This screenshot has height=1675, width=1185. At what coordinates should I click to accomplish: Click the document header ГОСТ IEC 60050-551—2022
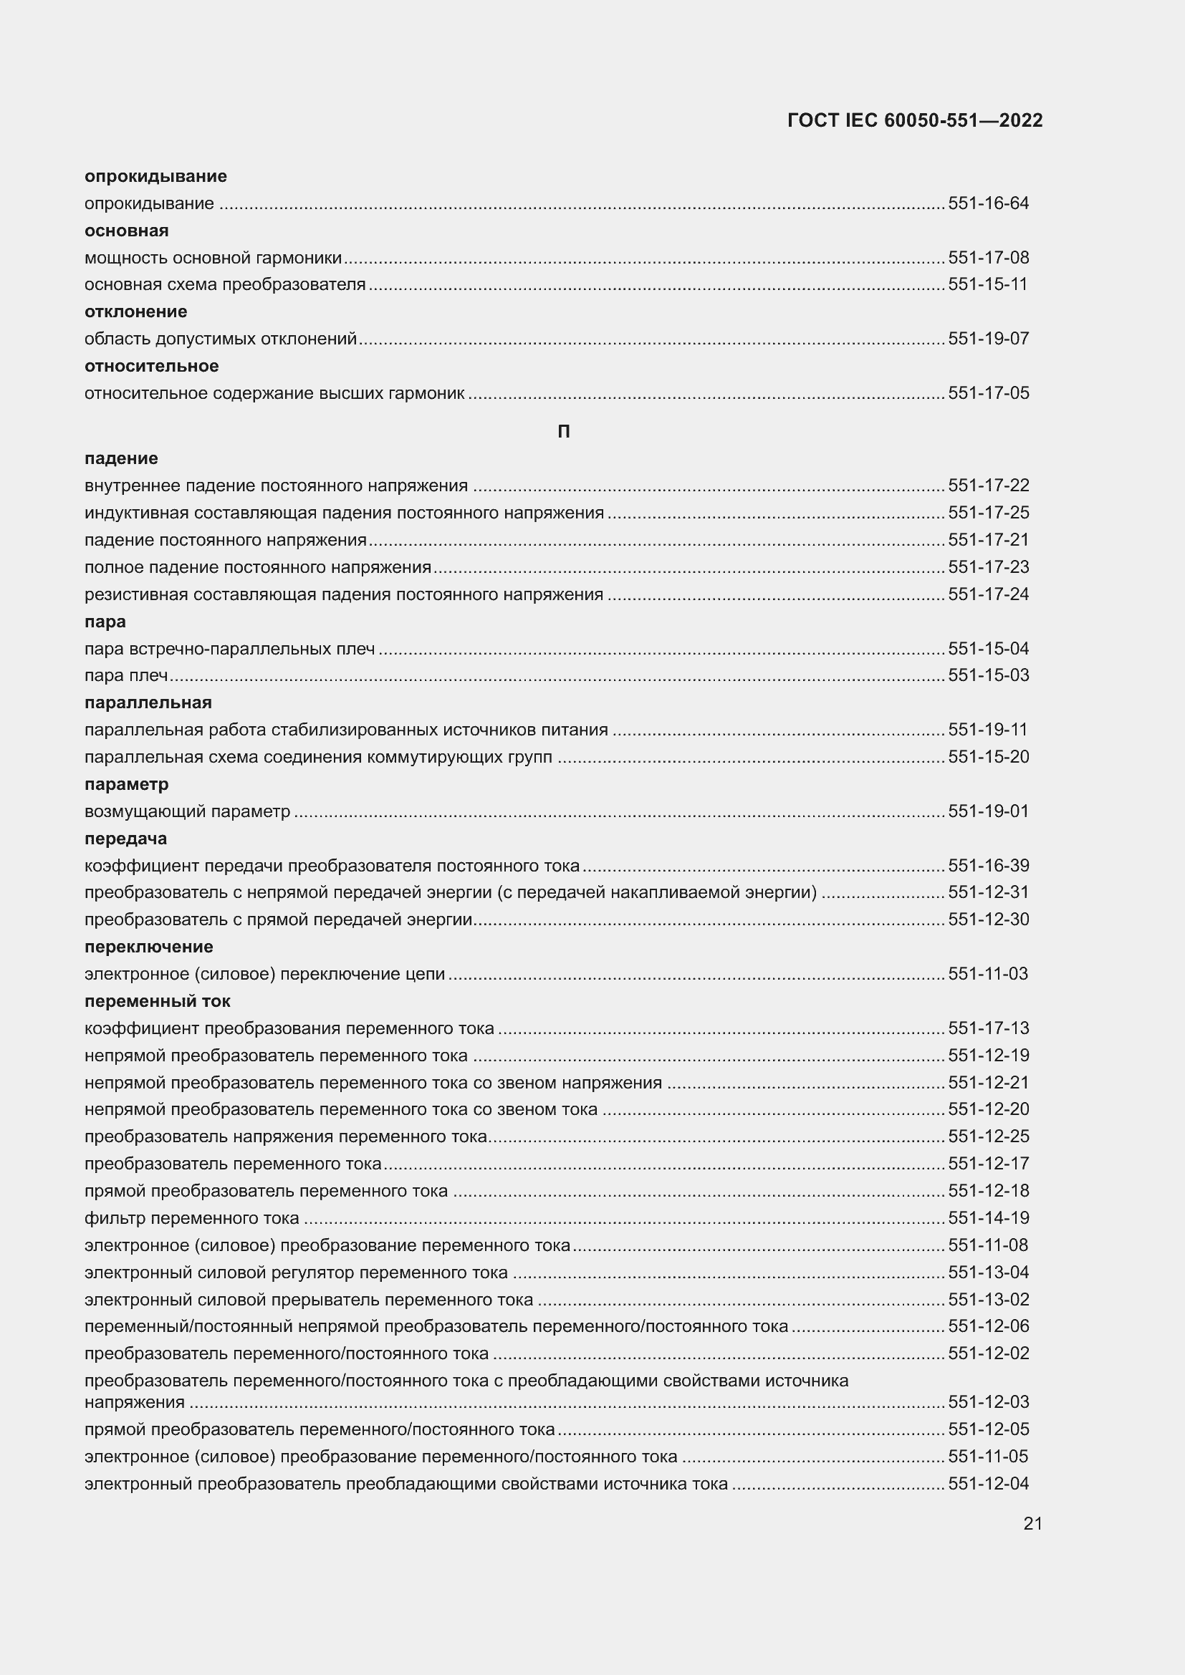tap(915, 120)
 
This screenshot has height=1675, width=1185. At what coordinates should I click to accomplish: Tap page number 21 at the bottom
tap(1032, 1523)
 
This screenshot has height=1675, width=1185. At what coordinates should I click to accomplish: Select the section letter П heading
tap(563, 432)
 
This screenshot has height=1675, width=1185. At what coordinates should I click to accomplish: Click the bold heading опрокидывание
tap(155, 176)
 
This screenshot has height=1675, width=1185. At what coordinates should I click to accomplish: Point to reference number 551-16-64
tap(988, 203)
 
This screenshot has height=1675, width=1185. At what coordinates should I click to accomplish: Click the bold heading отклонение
tap(135, 312)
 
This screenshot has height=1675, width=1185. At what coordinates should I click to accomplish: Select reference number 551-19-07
tap(988, 339)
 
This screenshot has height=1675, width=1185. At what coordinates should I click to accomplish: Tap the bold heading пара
tap(105, 622)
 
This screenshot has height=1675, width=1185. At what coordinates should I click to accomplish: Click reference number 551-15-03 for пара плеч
tap(988, 675)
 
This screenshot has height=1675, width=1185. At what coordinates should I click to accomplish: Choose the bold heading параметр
tap(126, 784)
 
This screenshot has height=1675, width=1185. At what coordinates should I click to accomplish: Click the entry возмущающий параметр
tap(188, 811)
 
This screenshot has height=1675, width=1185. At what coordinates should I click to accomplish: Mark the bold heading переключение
tap(149, 947)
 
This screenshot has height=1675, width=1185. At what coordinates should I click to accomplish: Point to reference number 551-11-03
tap(988, 974)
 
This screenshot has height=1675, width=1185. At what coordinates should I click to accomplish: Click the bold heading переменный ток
tap(158, 1001)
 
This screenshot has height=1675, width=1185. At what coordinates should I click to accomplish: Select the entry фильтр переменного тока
tap(192, 1217)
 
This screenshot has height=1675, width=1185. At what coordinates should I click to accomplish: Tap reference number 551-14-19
tap(988, 1217)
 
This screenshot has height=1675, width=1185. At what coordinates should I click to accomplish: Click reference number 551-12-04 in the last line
tap(988, 1483)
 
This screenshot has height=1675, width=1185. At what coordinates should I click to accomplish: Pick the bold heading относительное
tap(152, 365)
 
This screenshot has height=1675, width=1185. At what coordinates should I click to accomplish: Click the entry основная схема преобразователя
tap(225, 284)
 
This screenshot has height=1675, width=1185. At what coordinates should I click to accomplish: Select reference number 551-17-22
tap(988, 486)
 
